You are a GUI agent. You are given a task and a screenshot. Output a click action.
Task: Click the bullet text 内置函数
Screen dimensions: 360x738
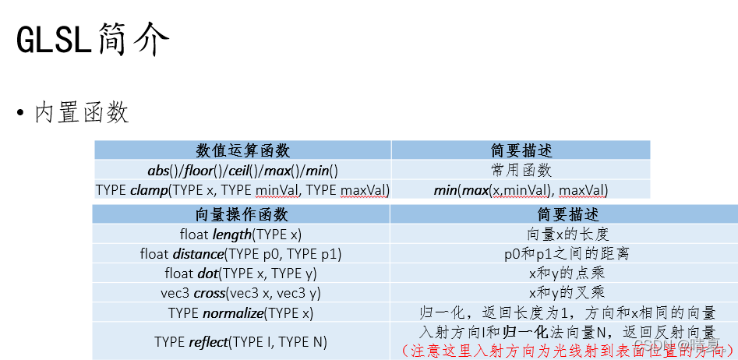coord(81,113)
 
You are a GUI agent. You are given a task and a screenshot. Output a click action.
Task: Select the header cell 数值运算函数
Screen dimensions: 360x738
coord(242,150)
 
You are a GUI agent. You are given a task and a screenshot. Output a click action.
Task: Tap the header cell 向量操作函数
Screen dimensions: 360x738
coord(241,214)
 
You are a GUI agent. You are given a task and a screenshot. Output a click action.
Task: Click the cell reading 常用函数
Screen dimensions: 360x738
coord(521,170)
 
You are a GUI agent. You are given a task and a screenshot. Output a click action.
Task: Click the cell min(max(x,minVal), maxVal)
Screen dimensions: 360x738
coord(521,190)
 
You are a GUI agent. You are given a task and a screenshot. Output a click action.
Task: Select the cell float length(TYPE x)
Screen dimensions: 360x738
coord(240,234)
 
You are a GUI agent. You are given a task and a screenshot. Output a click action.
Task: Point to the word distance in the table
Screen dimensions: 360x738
coord(197,254)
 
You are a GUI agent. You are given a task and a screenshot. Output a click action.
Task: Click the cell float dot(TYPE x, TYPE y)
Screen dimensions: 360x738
coord(240,274)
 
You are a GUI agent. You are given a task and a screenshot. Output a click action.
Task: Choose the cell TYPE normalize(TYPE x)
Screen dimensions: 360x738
coord(240,313)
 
